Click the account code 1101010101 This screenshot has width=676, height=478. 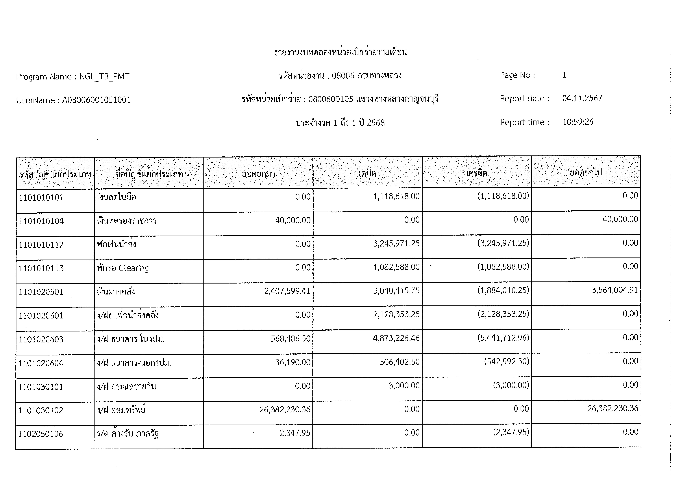(41, 197)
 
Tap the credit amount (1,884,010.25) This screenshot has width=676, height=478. (503, 291)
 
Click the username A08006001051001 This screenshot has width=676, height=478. (96, 100)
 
